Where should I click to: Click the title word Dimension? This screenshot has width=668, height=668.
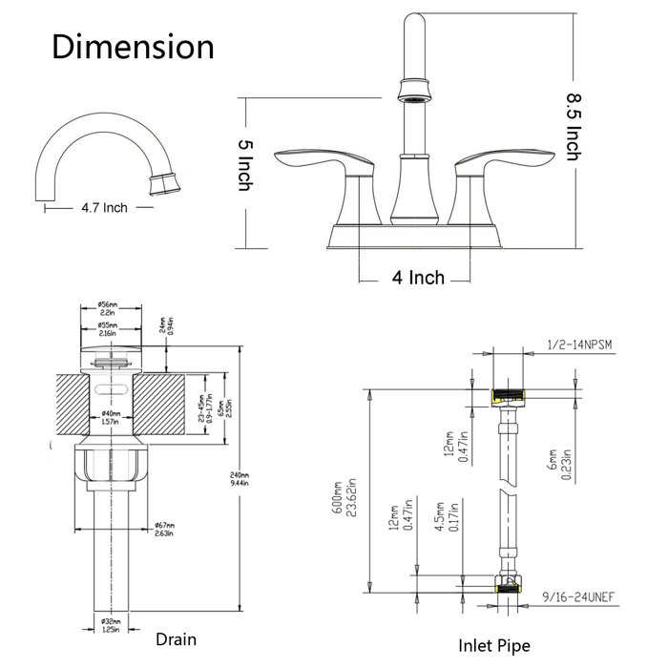(x=133, y=47)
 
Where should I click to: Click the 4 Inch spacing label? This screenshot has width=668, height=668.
(x=418, y=278)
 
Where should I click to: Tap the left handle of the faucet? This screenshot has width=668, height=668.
(x=315, y=162)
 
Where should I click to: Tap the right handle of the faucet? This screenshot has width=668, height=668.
(x=502, y=163)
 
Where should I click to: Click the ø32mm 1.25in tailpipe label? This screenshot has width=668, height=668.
(x=110, y=627)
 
